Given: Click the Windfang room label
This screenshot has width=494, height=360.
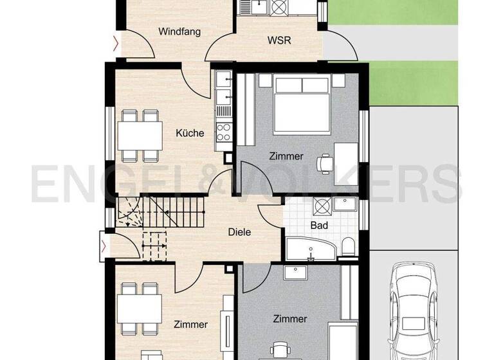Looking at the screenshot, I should [x=180, y=31].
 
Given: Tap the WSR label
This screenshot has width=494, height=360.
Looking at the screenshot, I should [x=279, y=40].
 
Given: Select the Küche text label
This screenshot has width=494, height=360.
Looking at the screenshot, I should [x=190, y=134].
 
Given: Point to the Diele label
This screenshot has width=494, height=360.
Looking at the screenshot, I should [x=239, y=233].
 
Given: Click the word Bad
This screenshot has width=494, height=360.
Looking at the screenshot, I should [x=319, y=226].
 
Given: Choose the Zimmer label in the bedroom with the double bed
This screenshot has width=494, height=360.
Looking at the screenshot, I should [x=287, y=156].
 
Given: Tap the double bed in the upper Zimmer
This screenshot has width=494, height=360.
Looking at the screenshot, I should [x=301, y=106].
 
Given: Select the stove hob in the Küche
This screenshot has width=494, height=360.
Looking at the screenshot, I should [x=223, y=133].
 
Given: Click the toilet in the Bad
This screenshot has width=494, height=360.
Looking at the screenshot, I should [x=347, y=245].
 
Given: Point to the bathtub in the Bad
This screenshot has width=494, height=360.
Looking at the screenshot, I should [x=310, y=248].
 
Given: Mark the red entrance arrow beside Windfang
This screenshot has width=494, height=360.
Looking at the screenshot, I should [x=116, y=44].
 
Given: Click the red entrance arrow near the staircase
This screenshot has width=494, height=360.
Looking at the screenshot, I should [x=104, y=244].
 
